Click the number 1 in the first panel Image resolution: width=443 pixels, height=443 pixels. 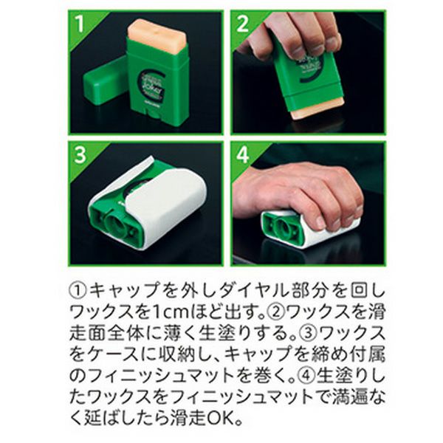point(80,24)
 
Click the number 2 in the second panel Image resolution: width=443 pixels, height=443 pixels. point(242,24)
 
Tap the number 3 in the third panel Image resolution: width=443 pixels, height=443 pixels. point(80,155)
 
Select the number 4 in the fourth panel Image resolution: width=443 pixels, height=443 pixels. point(242,155)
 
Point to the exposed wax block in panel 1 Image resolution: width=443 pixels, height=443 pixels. point(157,32)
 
